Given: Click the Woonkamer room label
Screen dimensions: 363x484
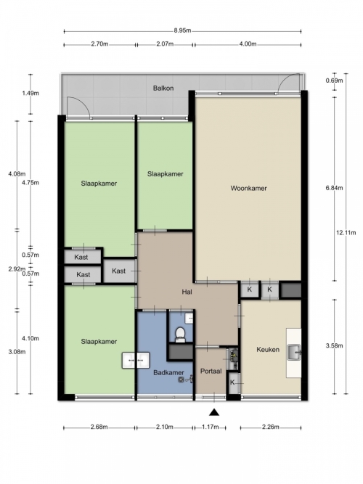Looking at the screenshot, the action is pyautogui.click(x=248, y=188).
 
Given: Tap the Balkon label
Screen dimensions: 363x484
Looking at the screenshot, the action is pyautogui.click(x=163, y=89).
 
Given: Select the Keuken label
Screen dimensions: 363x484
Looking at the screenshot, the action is pyautogui.click(x=268, y=350).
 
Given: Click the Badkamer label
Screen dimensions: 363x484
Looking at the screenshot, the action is pyautogui.click(x=168, y=372).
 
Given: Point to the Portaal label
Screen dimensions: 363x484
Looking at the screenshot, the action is pyautogui.click(x=211, y=371).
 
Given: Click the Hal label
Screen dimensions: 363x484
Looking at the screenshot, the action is pyautogui.click(x=187, y=292).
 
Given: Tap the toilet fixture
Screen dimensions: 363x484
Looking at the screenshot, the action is pyautogui.click(x=180, y=335).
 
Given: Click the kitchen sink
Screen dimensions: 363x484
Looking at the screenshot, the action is pyautogui.click(x=295, y=353).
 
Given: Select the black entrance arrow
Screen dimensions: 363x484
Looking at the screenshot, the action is pyautogui.click(x=214, y=412).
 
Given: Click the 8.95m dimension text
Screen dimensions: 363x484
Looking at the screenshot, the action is pyautogui.click(x=182, y=30).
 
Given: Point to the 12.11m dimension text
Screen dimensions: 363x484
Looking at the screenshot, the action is pyautogui.click(x=346, y=233).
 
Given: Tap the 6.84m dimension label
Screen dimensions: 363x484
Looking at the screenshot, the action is pyautogui.click(x=334, y=188).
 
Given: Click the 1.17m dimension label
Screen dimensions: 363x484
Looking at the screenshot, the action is pyautogui.click(x=211, y=427).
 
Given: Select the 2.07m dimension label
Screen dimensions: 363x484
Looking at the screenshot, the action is pyautogui.click(x=165, y=44).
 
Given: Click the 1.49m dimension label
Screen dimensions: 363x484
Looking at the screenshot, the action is pyautogui.click(x=30, y=93).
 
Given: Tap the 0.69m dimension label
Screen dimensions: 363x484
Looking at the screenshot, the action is pyautogui.click(x=334, y=81).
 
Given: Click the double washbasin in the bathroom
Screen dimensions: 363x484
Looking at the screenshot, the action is pyautogui.click(x=136, y=360).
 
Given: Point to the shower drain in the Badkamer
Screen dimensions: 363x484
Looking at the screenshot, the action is pyautogui.click(x=181, y=380).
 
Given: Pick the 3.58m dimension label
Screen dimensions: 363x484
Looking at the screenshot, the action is pyautogui.click(x=334, y=345).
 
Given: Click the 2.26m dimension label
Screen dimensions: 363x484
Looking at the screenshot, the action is pyautogui.click(x=271, y=427).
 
